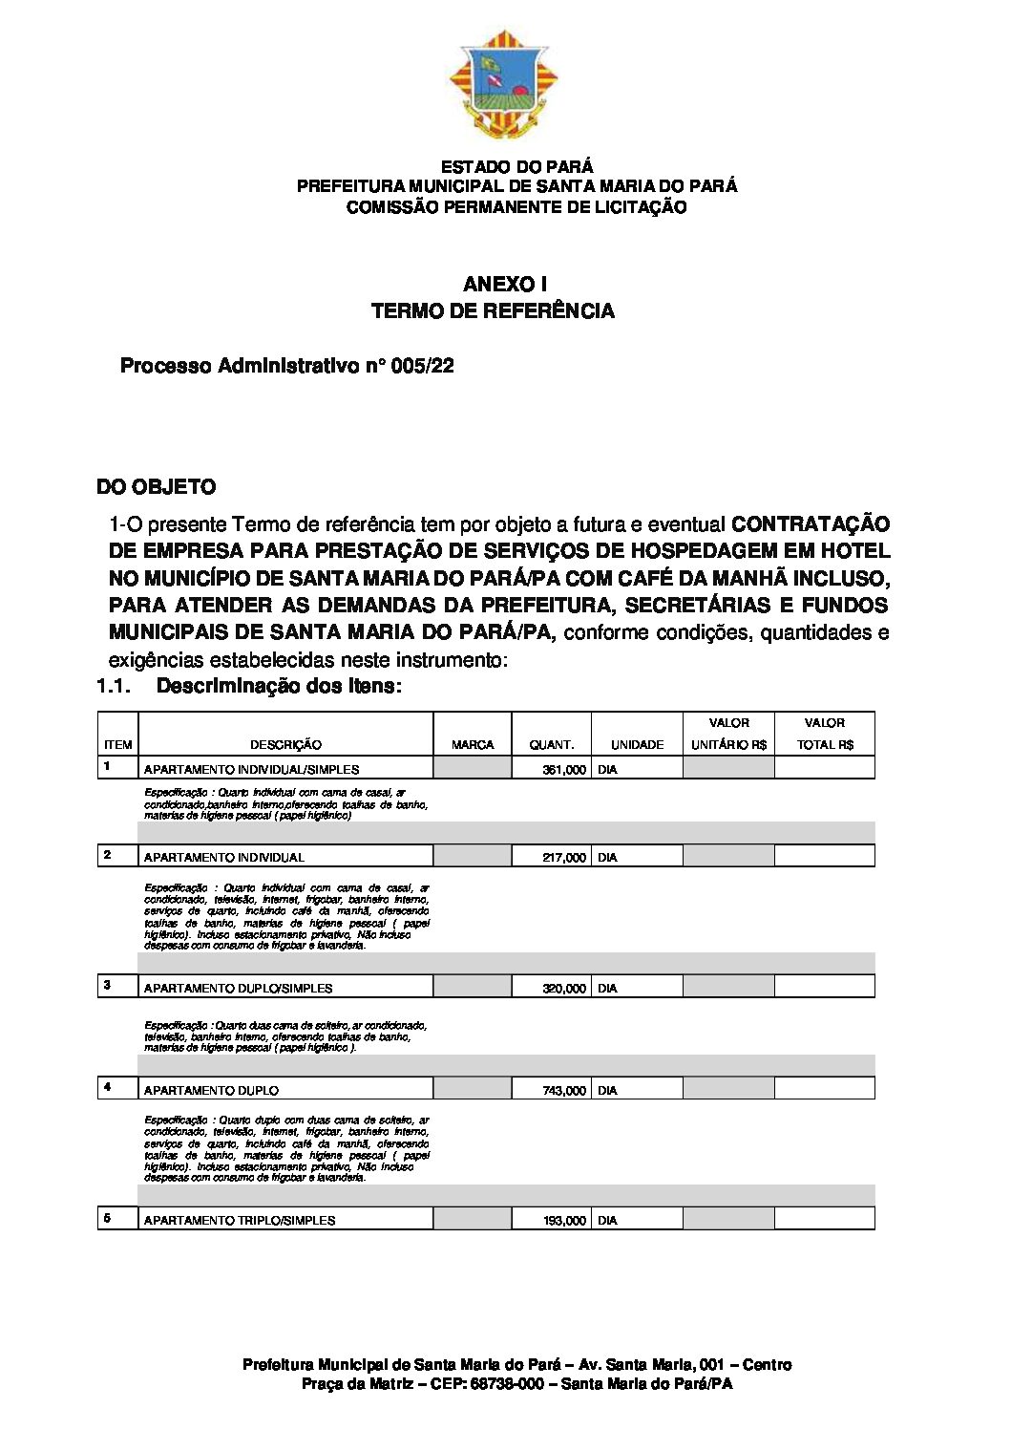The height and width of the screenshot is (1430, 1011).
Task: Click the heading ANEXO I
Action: (x=505, y=284)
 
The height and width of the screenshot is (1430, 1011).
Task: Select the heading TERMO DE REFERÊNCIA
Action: (x=493, y=310)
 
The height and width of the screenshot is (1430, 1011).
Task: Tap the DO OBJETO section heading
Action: (x=157, y=487)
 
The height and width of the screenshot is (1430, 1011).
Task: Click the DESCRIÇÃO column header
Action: (x=285, y=745)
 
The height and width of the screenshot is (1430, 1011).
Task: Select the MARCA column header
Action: (x=473, y=745)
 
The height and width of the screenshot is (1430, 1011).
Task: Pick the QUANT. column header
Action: (x=552, y=745)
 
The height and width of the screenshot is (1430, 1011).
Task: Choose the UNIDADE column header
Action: (x=637, y=745)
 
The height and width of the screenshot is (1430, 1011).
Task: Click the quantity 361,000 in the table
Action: (x=564, y=769)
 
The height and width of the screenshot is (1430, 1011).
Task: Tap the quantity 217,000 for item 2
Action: (x=564, y=857)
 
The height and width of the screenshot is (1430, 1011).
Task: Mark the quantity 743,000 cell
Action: (x=564, y=1090)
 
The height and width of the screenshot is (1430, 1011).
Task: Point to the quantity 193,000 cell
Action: (x=564, y=1220)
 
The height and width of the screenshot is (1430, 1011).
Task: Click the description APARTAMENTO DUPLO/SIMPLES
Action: (x=239, y=988)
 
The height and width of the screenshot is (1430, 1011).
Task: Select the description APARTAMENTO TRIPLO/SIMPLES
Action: (x=240, y=1220)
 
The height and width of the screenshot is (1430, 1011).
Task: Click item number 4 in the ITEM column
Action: (x=107, y=1087)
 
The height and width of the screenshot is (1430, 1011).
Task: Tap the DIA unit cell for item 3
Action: (x=607, y=988)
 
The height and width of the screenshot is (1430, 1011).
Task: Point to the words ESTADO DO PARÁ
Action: (x=516, y=166)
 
